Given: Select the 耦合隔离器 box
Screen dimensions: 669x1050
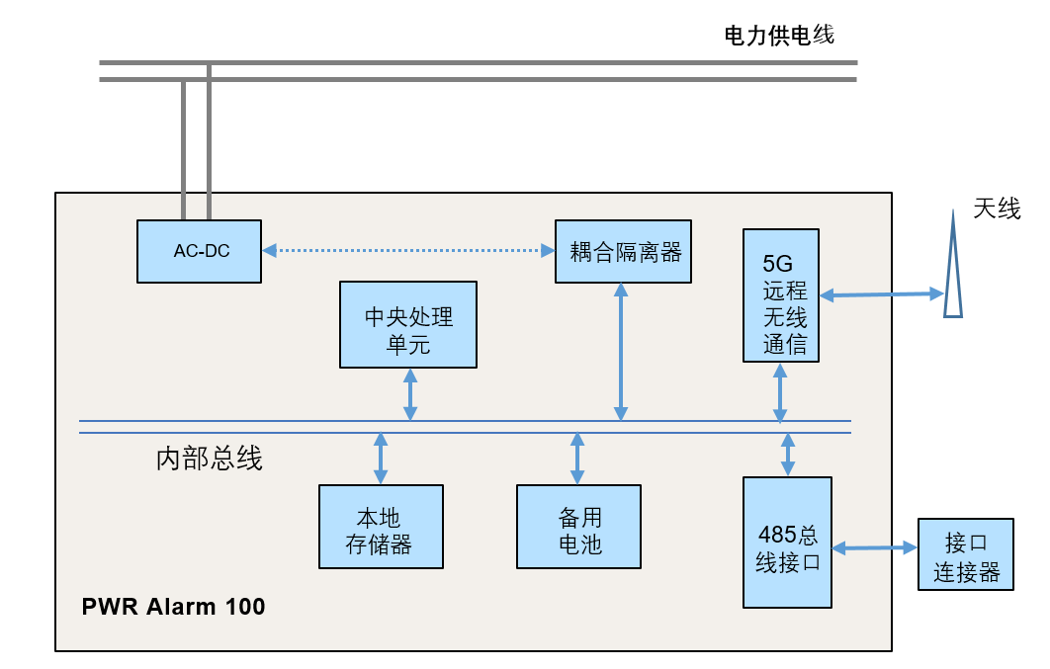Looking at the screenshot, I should pos(622,251).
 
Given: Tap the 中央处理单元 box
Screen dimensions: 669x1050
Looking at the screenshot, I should pos(407,324).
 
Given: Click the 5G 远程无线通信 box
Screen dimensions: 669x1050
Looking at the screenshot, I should pos(780,295).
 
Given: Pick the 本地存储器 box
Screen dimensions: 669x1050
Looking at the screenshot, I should pos(381,527).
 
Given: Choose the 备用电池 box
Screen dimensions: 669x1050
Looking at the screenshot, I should pos(578,527).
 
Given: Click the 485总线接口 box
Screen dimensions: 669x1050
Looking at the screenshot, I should pos(787,542).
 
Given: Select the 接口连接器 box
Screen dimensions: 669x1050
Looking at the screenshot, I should pos(966,554).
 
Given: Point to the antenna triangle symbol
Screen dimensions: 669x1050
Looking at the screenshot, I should pos(952,277).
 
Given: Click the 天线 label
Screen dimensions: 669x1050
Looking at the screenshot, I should pos(997,209).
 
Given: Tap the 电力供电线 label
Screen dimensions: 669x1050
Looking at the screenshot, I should pos(780,36).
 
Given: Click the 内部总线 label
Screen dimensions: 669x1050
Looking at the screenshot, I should pos(210,459).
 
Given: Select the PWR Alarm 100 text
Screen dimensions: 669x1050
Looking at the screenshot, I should pos(173,606).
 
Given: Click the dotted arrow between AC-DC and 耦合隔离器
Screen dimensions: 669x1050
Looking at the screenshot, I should pos(408,251).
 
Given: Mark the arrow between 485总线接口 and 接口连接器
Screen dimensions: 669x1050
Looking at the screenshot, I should pos(874,546).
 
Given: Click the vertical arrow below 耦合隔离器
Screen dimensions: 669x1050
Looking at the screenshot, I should pos(621,351).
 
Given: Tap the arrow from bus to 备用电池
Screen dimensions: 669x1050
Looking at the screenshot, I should pos(577,458).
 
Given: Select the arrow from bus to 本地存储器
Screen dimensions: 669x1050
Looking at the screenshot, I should pos(381,458).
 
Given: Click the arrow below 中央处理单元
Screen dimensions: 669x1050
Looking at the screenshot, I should pos(410,393).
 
